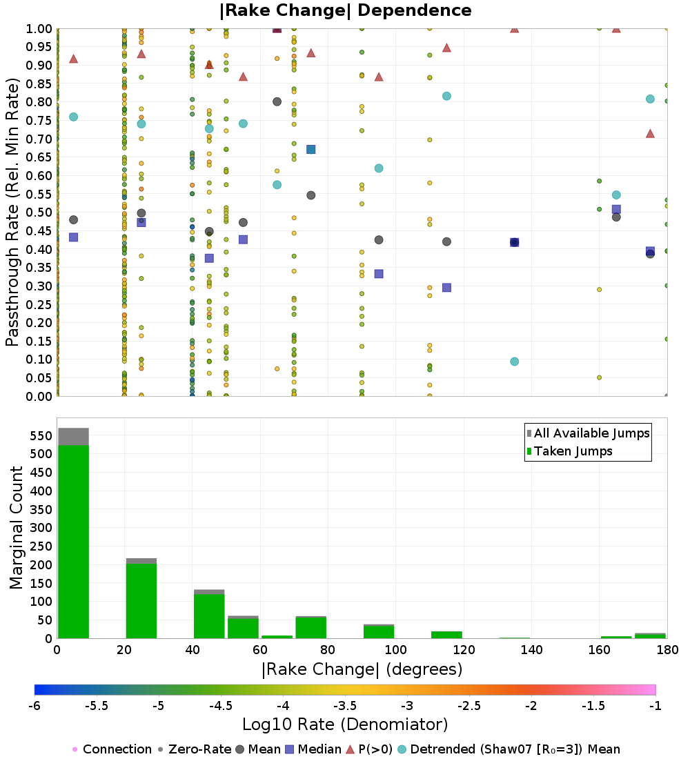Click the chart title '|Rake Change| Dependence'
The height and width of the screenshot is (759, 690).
pos(346,10)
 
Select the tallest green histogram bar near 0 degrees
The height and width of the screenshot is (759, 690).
pos(73,542)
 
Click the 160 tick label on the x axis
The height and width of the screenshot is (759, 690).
pos(599,649)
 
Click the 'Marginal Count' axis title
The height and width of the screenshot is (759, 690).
pos(17,528)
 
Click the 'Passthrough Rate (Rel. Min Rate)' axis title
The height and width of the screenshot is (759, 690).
pos(12,212)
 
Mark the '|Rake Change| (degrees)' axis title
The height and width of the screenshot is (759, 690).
pos(362,669)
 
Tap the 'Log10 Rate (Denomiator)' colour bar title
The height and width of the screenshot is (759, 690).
pos(345,724)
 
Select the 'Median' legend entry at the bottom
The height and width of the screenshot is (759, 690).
pos(314,749)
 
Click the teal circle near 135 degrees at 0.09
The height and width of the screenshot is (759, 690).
pos(514,362)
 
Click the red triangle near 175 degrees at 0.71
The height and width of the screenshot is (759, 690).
pos(650,133)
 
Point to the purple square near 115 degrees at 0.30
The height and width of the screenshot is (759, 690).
pos(446,288)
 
